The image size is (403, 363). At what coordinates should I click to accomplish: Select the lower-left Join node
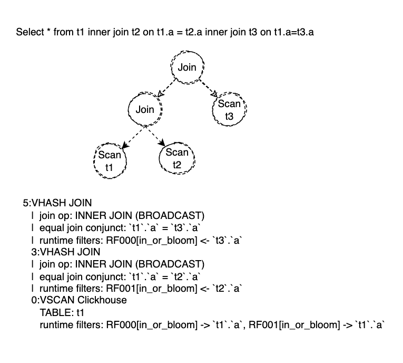point(145,110)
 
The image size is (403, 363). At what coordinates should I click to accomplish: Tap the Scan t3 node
point(229,110)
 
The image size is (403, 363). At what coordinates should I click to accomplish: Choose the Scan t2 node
point(176,158)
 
